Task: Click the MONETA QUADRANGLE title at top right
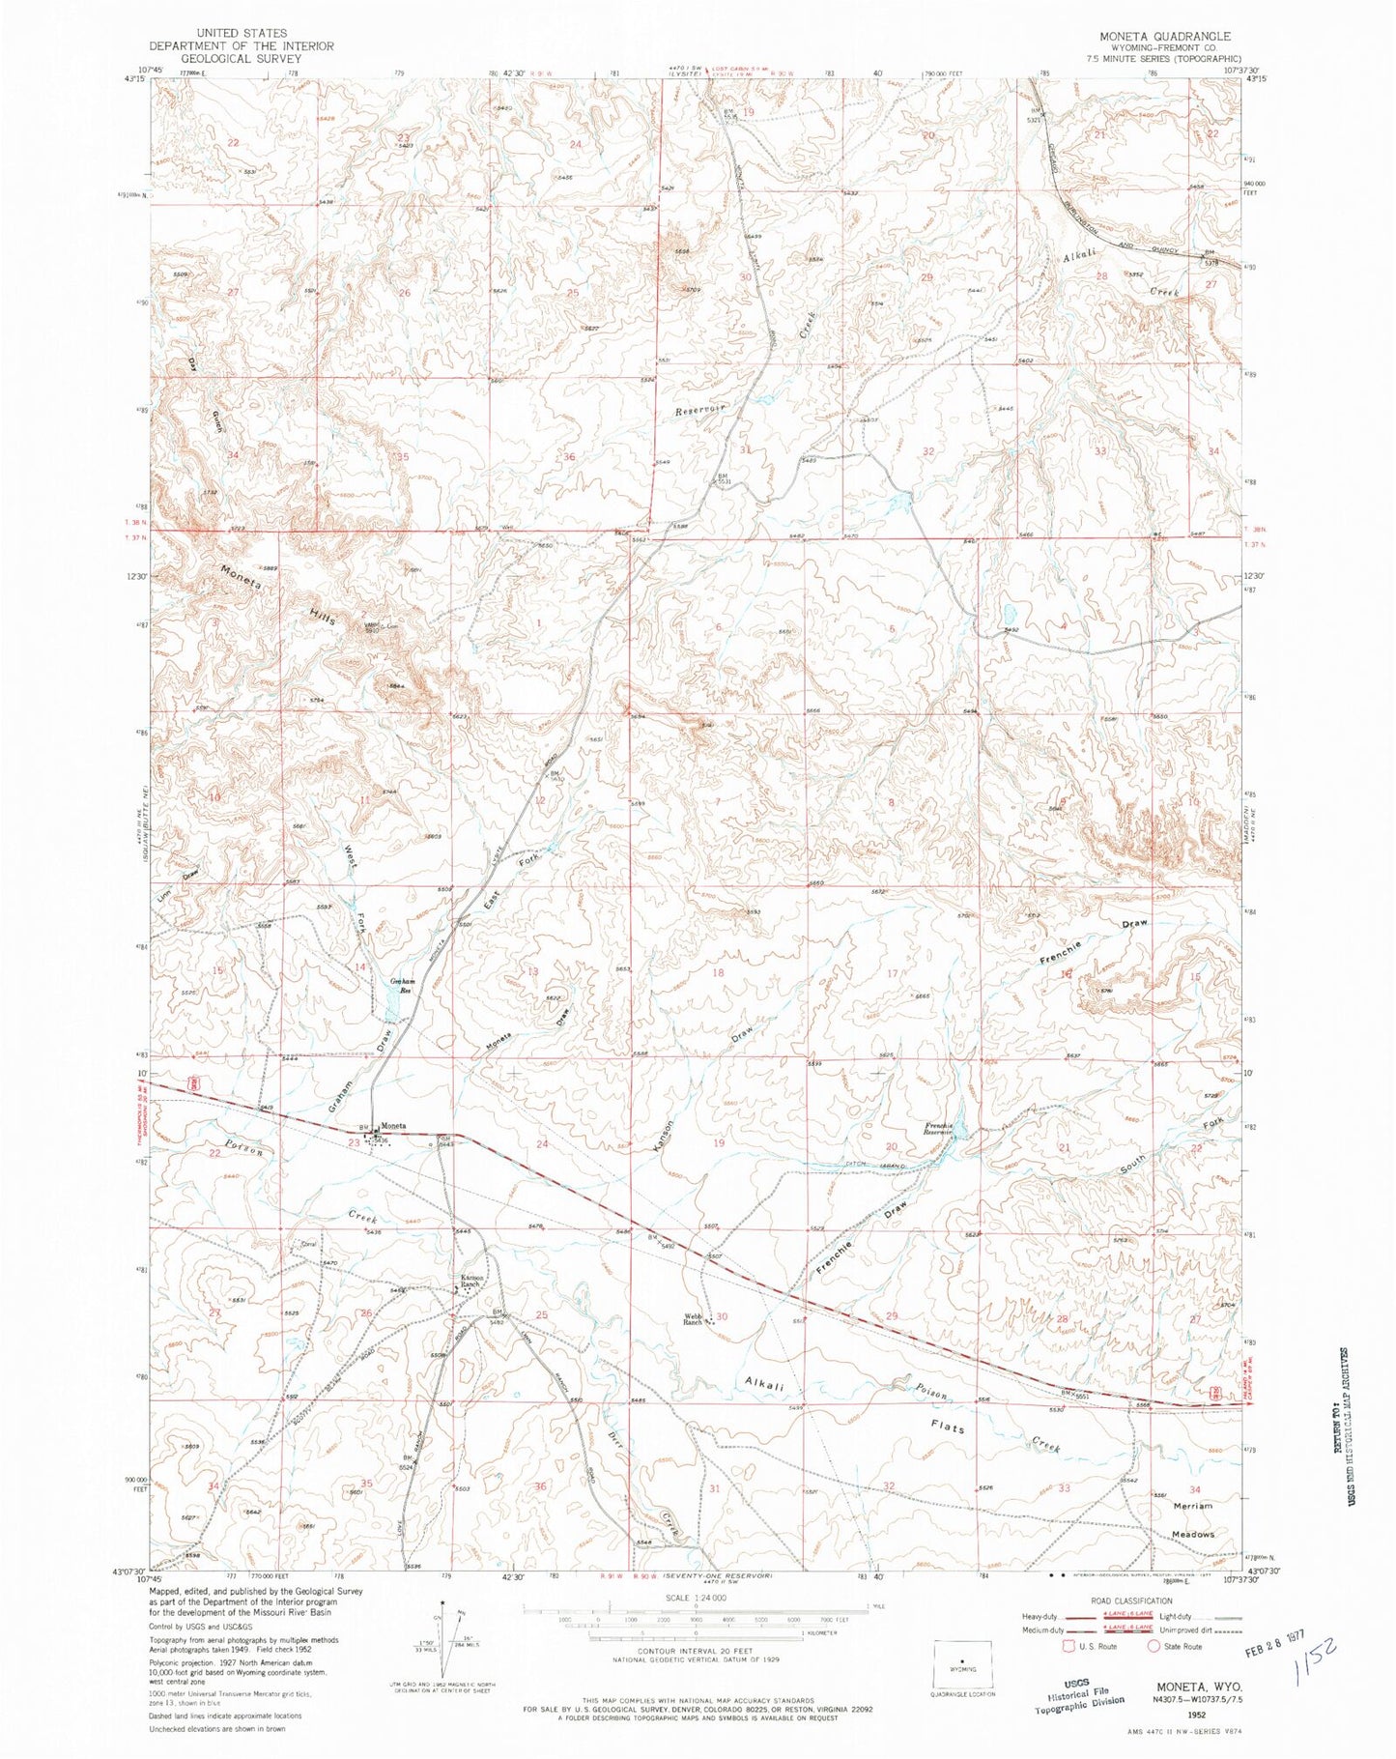[1164, 36]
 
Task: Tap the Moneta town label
[393, 1126]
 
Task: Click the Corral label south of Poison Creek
[309, 1244]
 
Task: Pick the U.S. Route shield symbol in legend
[1069, 1645]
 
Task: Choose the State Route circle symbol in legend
[1154, 1645]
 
